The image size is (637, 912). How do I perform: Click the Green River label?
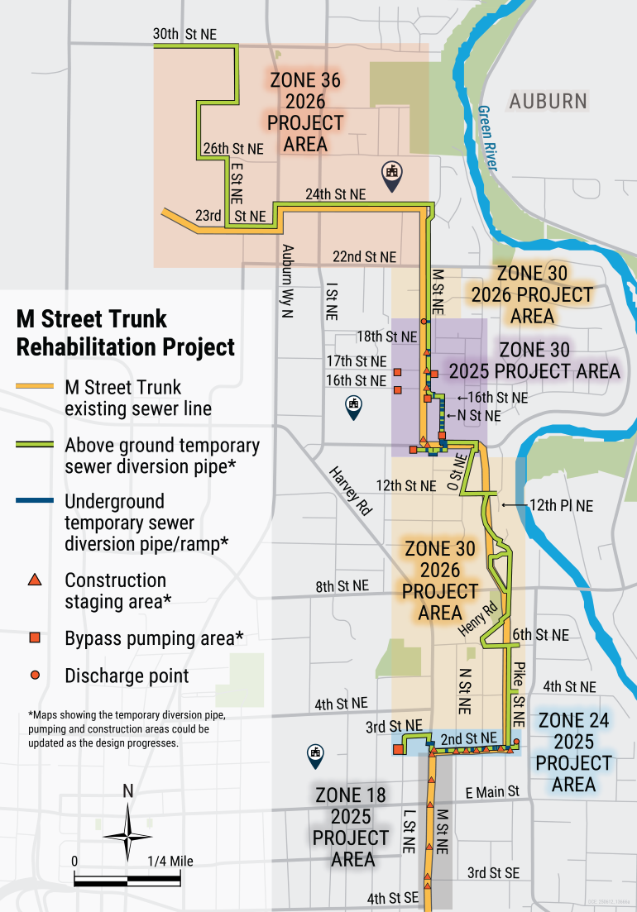pyautogui.click(x=489, y=138)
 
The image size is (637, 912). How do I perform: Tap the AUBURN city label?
pyautogui.click(x=548, y=102)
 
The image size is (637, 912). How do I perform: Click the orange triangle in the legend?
pyautogui.click(x=35, y=580)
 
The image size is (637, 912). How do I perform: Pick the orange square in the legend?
pyautogui.click(x=35, y=637)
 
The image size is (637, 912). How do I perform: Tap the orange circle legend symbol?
pyautogui.click(x=35, y=676)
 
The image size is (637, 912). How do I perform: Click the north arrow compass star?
pyautogui.click(x=127, y=833)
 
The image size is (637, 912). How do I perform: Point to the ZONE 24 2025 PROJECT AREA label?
pyautogui.click(x=573, y=752)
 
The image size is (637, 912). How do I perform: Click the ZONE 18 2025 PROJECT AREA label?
pyautogui.click(x=352, y=827)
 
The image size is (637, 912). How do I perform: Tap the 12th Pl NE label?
pyautogui.click(x=561, y=505)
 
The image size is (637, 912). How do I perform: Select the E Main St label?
pyautogui.click(x=491, y=792)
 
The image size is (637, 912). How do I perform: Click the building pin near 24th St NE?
pyautogui.click(x=392, y=174)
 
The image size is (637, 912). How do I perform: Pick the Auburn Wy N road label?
pyautogui.click(x=289, y=275)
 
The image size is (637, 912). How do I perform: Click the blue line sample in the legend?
pyautogui.click(x=35, y=501)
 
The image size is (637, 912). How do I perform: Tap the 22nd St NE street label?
pyautogui.click(x=364, y=256)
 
